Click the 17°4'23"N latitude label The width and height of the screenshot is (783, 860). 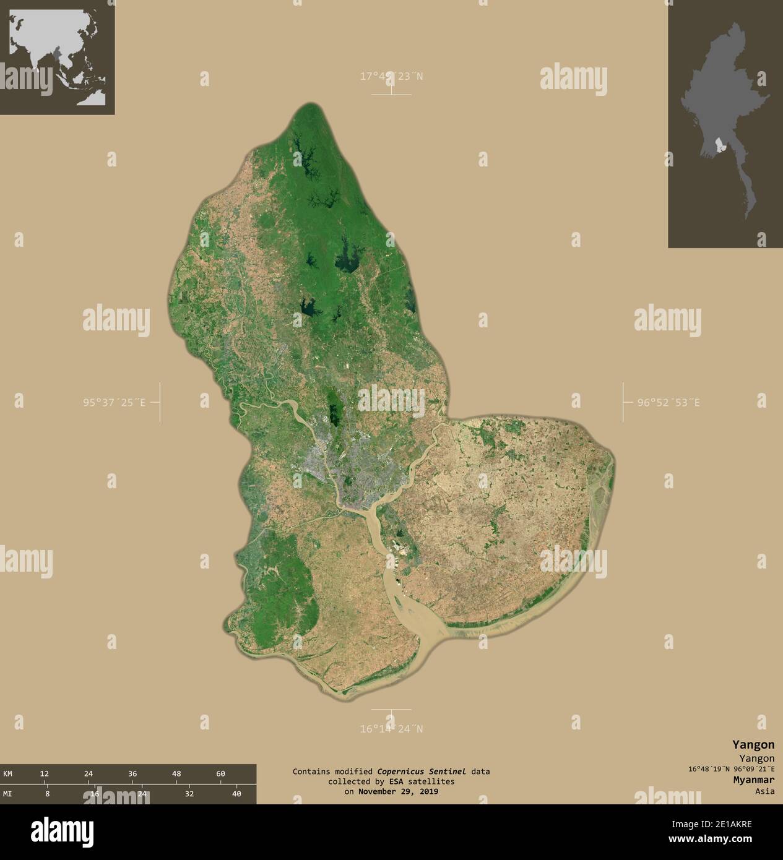point(392,77)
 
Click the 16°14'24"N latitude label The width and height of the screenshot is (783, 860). point(392,729)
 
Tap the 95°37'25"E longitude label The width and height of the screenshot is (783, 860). point(115,403)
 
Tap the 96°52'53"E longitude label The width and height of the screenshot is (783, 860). point(669,403)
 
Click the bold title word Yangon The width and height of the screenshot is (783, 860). point(753,744)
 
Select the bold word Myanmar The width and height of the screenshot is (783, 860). point(750,780)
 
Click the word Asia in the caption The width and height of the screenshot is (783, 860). point(764,791)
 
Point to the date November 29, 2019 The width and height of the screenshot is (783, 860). point(397,791)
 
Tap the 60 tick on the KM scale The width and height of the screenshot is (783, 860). point(221,774)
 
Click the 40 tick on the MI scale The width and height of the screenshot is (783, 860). point(236,794)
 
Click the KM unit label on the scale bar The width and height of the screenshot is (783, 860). point(8,774)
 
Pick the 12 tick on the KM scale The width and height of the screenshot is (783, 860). point(45,774)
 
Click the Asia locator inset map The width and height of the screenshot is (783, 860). point(57,57)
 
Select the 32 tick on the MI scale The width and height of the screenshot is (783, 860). point(189,794)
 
